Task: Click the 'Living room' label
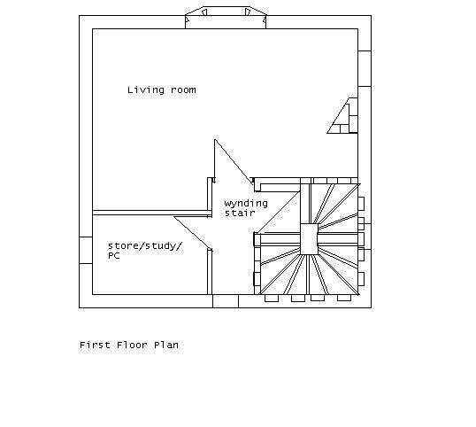(x=162, y=90)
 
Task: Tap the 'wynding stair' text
(x=246, y=208)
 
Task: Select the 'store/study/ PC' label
(x=145, y=251)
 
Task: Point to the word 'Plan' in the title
(x=166, y=345)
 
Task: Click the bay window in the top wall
(x=226, y=18)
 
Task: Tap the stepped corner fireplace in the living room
(x=342, y=115)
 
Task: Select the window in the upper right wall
(x=365, y=69)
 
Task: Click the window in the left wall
(x=86, y=251)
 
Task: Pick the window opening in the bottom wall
(x=226, y=301)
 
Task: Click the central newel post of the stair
(x=309, y=239)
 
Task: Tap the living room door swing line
(x=234, y=161)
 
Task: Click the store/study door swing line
(x=193, y=233)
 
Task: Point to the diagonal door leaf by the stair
(x=278, y=213)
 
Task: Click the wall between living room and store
(x=150, y=213)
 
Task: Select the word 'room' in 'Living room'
(x=183, y=90)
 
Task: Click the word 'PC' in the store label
(x=114, y=256)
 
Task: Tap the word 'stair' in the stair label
(x=240, y=213)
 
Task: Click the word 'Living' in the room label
(x=146, y=90)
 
